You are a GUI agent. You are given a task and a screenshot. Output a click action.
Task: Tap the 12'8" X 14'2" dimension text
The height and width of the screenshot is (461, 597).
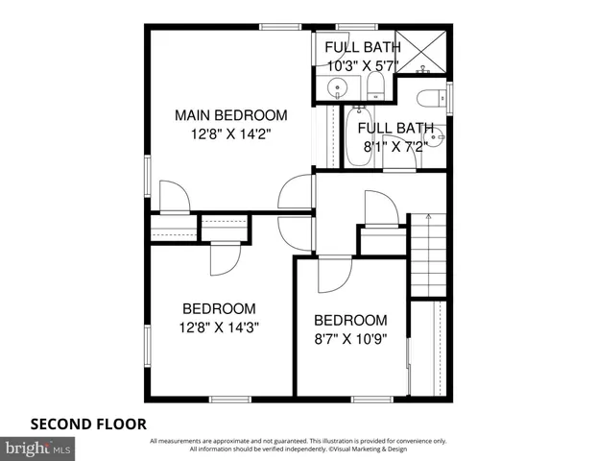(230, 134)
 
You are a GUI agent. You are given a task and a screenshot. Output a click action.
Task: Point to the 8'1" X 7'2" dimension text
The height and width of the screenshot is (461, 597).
(395, 147)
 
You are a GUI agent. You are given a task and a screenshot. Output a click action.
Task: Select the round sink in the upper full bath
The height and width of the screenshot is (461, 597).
(337, 89)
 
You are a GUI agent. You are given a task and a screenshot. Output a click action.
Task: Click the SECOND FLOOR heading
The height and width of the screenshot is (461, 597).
(88, 423)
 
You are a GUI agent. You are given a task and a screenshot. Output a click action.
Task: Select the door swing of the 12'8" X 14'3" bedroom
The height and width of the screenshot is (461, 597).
(225, 257)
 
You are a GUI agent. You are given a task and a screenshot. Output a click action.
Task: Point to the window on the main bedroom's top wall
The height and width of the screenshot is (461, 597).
(278, 27)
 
